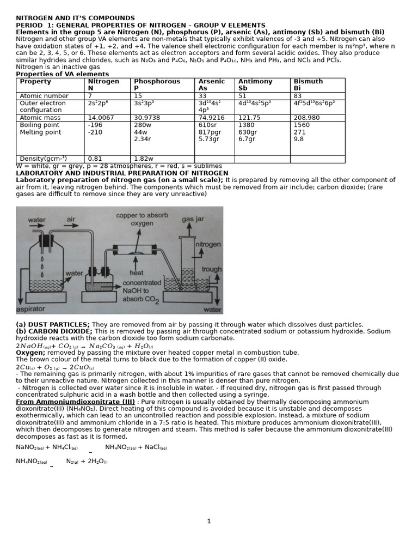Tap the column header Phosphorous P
149,84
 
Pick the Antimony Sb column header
255,84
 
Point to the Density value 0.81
95,159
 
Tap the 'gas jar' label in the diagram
194,219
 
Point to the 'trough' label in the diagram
211,269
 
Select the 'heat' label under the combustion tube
136,273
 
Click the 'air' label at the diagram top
71,220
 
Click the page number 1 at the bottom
208,521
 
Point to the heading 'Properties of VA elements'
62,74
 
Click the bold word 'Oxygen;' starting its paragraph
30,353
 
